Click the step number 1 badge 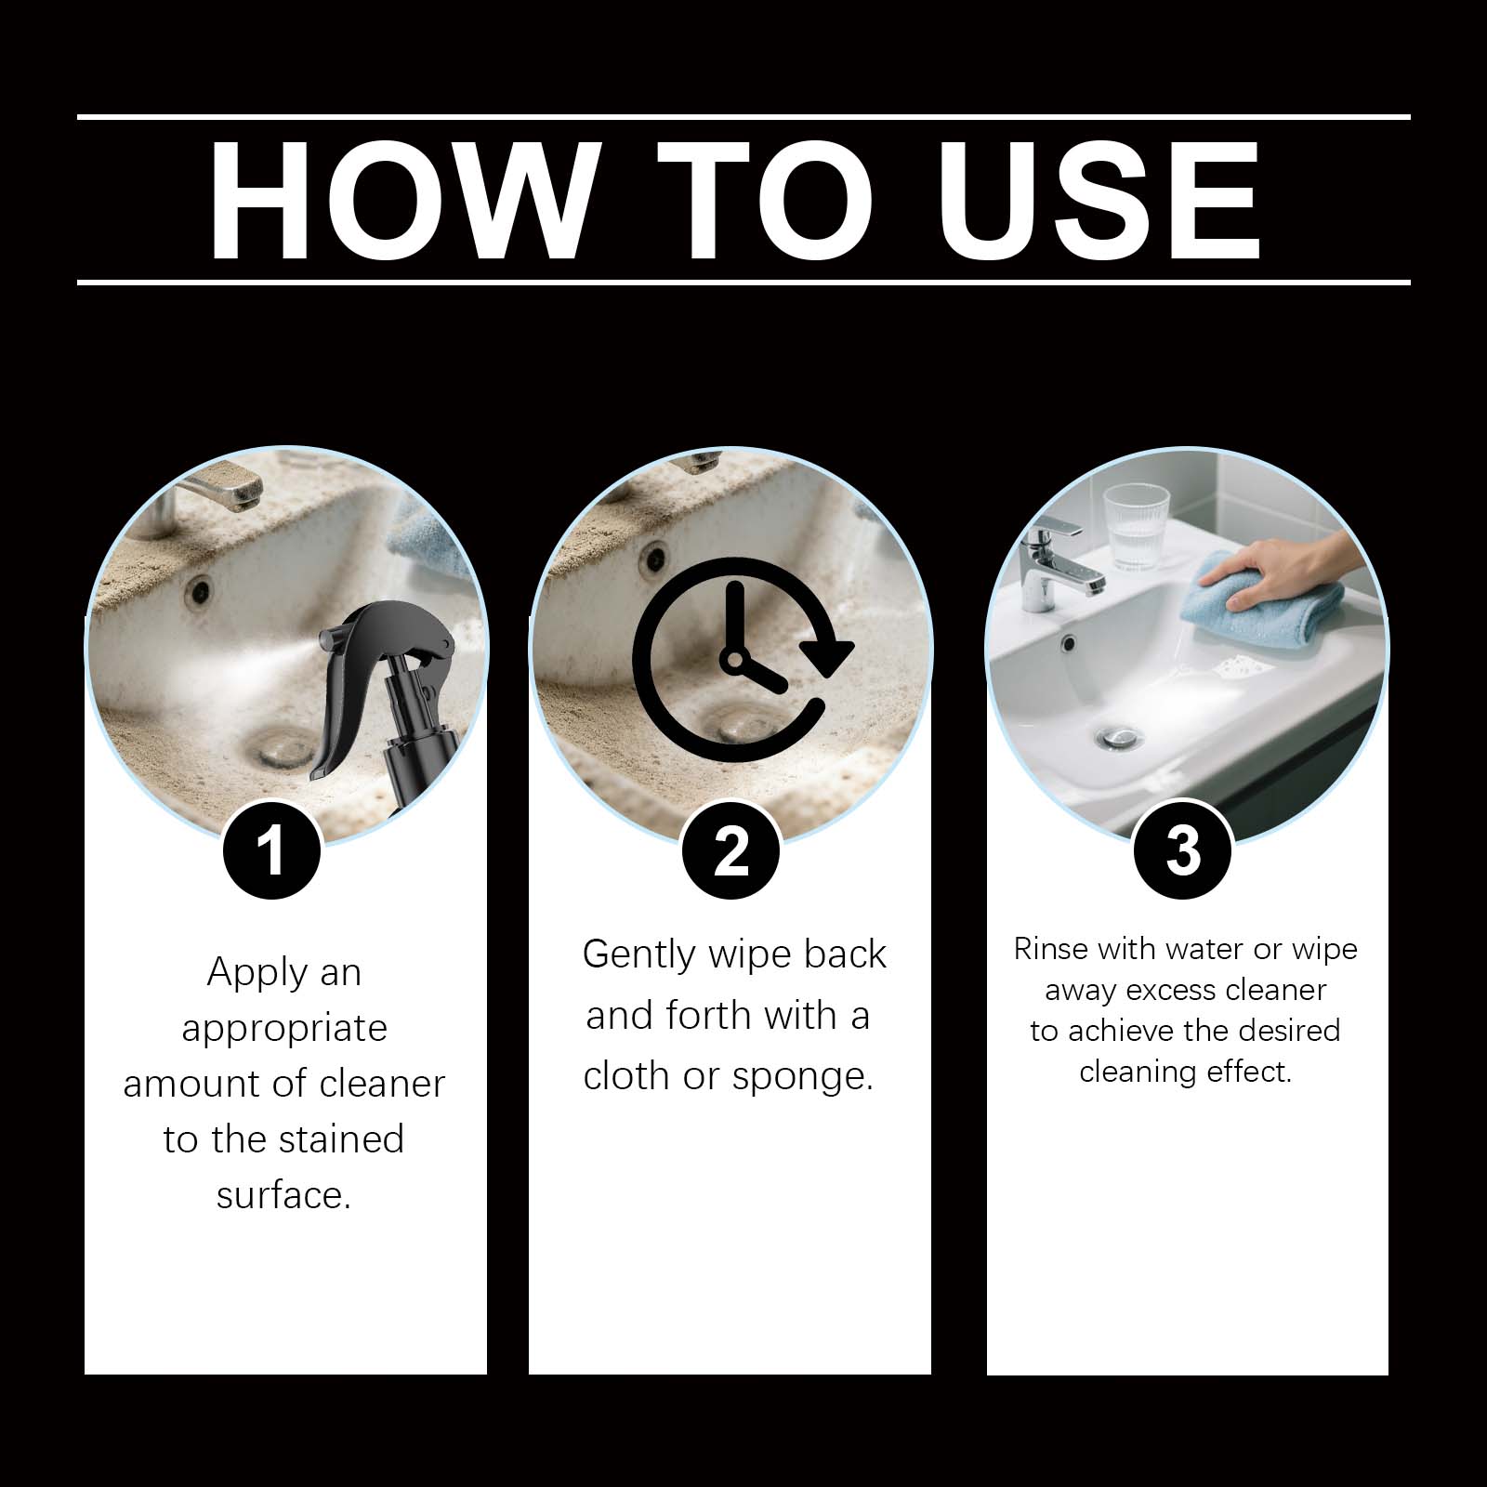(270, 850)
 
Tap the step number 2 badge (730, 850)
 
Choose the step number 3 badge (1183, 850)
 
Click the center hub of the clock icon (735, 661)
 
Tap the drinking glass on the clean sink (1136, 526)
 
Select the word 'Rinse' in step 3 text (1050, 949)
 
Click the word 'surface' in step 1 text (280, 1195)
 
